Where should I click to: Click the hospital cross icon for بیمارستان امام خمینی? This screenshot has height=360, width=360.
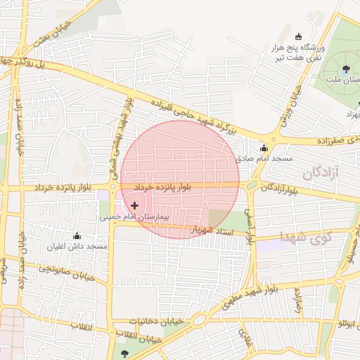tap(134, 205)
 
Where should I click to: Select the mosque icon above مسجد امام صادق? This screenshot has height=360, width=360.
tap(264, 148)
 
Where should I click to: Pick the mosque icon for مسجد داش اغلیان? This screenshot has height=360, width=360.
tap(77, 236)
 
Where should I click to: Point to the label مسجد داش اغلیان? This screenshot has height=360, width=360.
tap(77, 247)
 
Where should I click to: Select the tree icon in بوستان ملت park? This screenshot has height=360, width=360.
tap(346, 69)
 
